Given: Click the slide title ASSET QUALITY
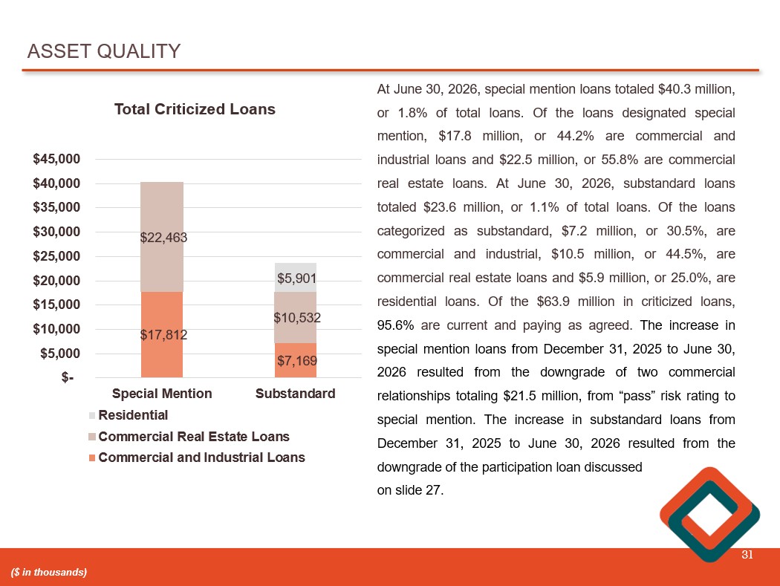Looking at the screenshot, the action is [103, 51].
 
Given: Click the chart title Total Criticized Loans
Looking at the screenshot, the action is [195, 109].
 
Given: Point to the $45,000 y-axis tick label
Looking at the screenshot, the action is [56, 159].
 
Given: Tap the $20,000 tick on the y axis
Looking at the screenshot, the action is [56, 281].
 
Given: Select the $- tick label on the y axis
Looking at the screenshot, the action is [68, 377].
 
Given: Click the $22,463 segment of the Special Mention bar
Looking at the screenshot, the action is [162, 237].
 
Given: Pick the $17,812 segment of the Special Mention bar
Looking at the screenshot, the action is [162, 335].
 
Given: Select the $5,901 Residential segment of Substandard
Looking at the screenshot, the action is [296, 278].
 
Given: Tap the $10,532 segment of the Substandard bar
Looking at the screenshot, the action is [296, 317].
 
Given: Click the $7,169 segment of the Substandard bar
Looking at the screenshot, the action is [296, 360].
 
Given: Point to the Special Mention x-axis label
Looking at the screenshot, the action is [162, 394].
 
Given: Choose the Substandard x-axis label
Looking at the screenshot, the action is [296, 394].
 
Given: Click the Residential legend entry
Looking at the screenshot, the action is [129, 415].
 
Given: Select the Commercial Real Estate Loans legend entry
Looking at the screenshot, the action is [189, 436].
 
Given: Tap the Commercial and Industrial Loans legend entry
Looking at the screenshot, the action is [197, 458].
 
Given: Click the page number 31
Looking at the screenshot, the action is [747, 555].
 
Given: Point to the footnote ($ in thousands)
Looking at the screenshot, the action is [49, 572].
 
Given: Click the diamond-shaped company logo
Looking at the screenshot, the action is [710, 515].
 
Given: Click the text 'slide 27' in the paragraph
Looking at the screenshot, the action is [417, 490].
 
